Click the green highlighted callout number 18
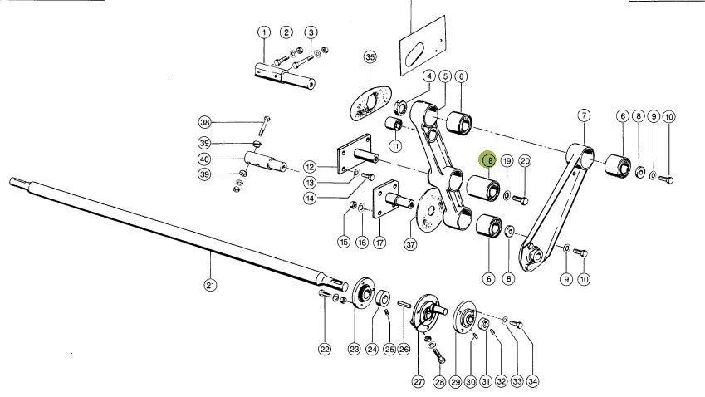coord(488,159)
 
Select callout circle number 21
coord(210,285)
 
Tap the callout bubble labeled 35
coord(370,57)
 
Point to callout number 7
coord(584,115)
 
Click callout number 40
coord(204,159)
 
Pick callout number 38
coord(204,122)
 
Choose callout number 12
coord(310,167)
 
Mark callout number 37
coord(410,244)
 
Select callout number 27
coord(419,381)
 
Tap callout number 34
coord(532,381)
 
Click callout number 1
coord(264,32)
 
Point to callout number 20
coord(525,161)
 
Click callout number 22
coord(325,349)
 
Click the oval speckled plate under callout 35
coord(370,103)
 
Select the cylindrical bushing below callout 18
coord(483,189)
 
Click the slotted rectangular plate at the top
coord(423,46)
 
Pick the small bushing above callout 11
coord(394,122)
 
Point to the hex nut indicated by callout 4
coord(399,107)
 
